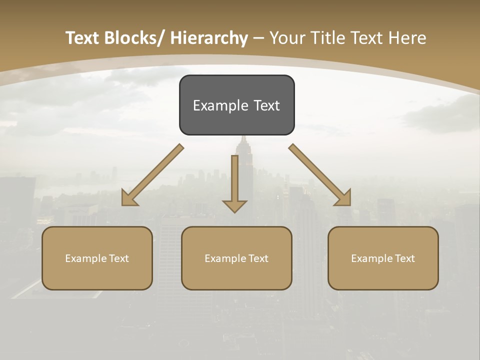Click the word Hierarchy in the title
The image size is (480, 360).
coord(208,38)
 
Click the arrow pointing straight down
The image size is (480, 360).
coord(234,180)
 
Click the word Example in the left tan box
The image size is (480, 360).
coord(86,258)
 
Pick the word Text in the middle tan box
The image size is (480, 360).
coord(258,258)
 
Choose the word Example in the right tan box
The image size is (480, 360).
coord(372,258)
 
